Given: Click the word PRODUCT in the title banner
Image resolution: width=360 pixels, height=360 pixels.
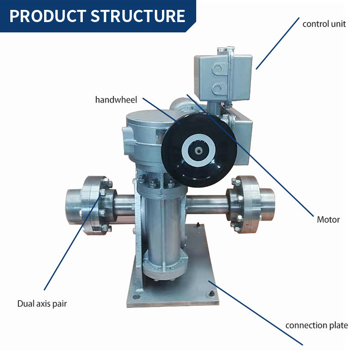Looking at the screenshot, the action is (x=48, y=16).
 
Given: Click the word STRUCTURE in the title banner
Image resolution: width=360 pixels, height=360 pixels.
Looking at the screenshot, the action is (x=138, y=16).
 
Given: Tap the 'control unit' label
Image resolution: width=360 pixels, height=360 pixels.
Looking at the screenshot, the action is (x=324, y=24).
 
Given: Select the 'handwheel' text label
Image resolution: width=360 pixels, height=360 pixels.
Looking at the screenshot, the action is (x=116, y=100).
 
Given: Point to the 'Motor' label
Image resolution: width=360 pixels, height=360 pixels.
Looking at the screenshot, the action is (x=328, y=220).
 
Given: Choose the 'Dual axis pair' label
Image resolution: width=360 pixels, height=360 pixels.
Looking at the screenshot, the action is (x=42, y=304).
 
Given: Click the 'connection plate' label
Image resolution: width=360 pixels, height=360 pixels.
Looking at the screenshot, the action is (x=317, y=325).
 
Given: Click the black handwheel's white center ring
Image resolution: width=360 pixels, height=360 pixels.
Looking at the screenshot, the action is (x=198, y=150).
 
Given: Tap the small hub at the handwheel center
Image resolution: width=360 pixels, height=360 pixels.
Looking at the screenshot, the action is (x=198, y=151).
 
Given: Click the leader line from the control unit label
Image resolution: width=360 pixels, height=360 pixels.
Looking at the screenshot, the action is (x=278, y=43).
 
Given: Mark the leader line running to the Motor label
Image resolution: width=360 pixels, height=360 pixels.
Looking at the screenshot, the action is (x=250, y=155).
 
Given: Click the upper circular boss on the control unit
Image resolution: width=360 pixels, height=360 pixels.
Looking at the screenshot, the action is (x=217, y=68).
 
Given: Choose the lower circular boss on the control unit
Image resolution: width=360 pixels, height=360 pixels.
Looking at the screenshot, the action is (x=217, y=89).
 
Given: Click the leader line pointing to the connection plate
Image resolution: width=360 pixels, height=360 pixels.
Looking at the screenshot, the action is (x=256, y=313).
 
